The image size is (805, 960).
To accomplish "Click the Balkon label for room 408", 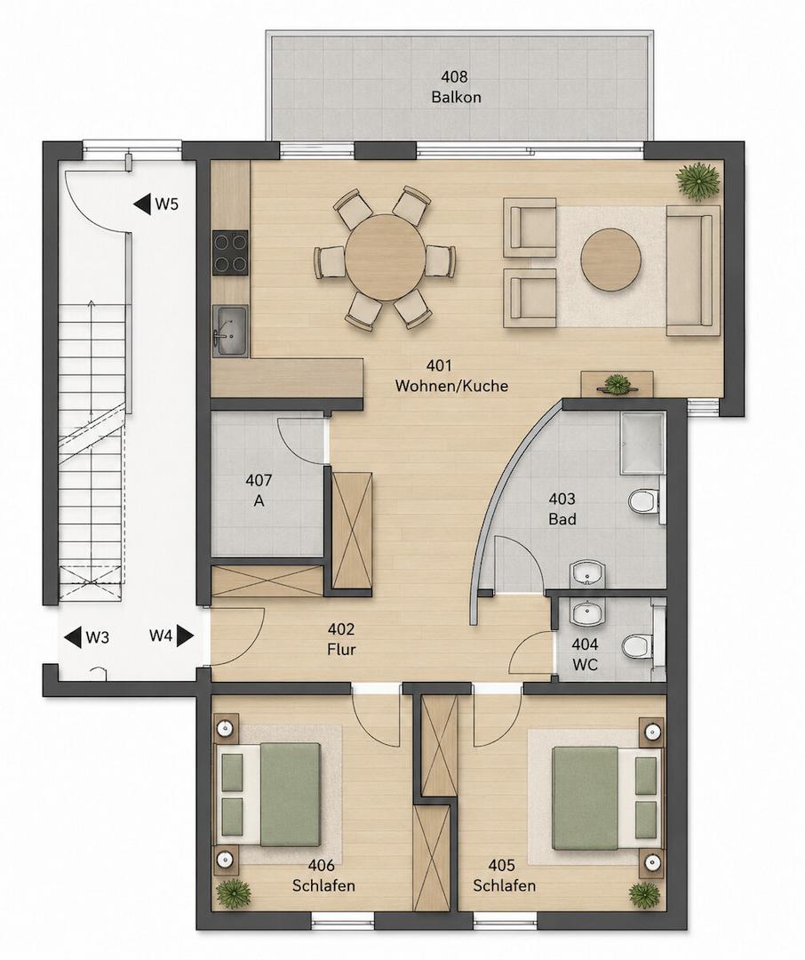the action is [456, 97].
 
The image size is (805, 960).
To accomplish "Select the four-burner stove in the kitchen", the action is [230, 252].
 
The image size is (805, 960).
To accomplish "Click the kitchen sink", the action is [230, 331].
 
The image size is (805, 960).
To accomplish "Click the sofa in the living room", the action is [692, 270].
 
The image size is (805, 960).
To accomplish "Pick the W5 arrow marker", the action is [156, 204].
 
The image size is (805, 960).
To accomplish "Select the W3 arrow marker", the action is [87, 637].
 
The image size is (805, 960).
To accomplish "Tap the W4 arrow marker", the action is [171, 636].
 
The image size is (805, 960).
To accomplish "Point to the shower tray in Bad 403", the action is [642, 444].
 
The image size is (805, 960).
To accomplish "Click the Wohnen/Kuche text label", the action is [451, 386].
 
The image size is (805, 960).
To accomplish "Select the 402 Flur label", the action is [341, 639].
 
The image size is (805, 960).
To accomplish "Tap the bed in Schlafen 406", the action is [267, 795].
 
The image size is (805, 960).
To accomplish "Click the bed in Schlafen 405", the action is [608, 798].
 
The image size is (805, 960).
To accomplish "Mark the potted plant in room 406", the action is [233, 892].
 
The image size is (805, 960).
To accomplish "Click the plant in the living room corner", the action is [697, 180].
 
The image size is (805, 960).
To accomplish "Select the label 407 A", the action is [259, 491].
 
